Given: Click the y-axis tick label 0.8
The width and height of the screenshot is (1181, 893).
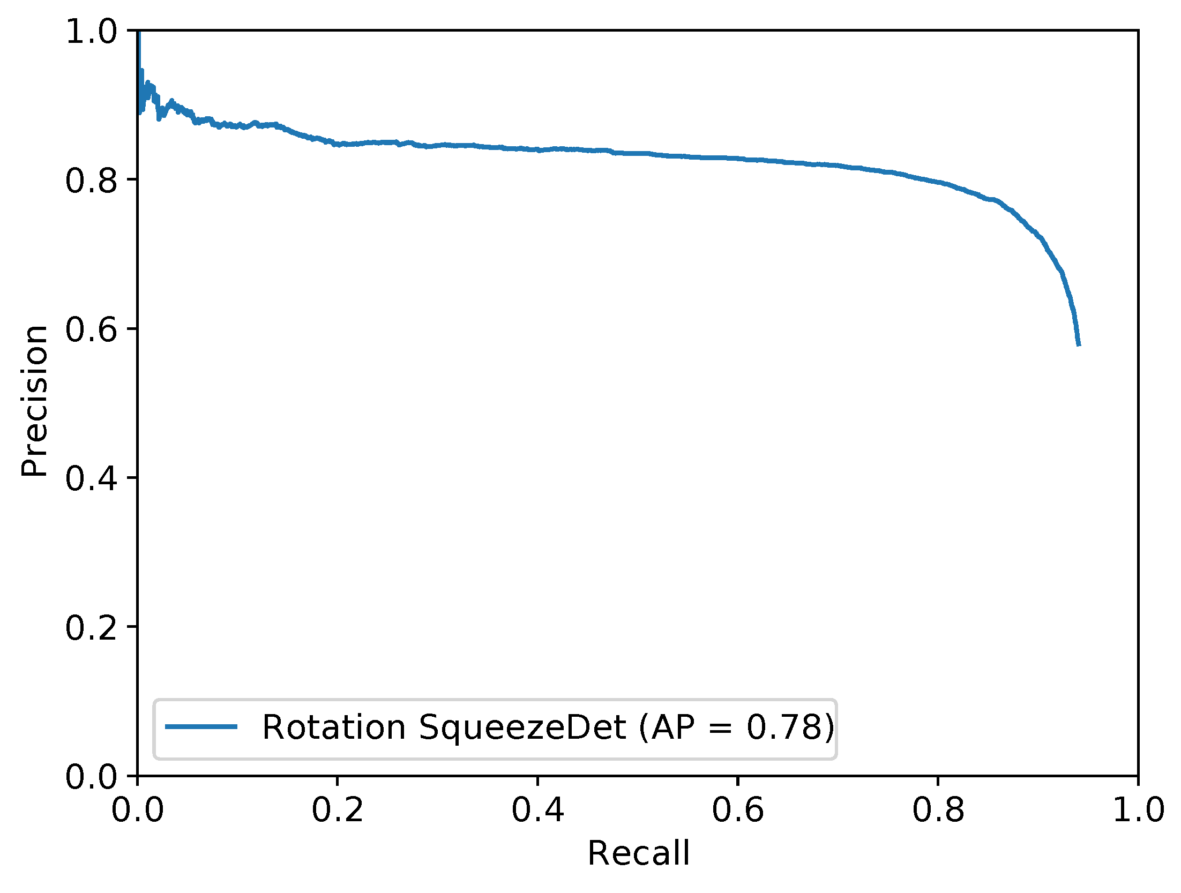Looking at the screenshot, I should click(x=91, y=180).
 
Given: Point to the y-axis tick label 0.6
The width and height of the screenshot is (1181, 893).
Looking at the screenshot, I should click(x=91, y=329).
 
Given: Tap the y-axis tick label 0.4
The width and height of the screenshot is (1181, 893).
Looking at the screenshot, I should click(x=91, y=478).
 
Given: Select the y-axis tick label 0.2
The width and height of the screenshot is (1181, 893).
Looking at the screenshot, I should click(x=91, y=627).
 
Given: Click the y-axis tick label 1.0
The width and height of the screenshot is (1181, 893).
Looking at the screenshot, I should click(x=91, y=31).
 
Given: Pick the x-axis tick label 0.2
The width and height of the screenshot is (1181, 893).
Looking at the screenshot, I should click(x=338, y=809).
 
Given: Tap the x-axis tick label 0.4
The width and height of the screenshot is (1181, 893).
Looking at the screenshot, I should click(x=537, y=809).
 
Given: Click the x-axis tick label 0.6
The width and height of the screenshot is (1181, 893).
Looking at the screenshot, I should click(x=738, y=809).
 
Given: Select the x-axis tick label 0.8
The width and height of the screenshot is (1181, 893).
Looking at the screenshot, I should click(x=938, y=809).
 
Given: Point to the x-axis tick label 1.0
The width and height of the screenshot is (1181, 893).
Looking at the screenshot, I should click(x=1138, y=809).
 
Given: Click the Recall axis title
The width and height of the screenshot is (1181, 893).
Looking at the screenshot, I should click(x=638, y=853).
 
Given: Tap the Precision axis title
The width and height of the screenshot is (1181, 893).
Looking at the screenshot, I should click(x=35, y=401).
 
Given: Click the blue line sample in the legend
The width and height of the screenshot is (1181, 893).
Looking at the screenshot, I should click(x=201, y=727).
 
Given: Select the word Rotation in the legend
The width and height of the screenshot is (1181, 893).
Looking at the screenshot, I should click(x=333, y=727).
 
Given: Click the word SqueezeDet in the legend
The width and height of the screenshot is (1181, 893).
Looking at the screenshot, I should click(x=522, y=727).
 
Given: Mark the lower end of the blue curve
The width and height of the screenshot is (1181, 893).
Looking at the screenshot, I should click(x=1079, y=345).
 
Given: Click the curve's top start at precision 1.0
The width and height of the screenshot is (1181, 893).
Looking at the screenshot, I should click(x=138, y=33).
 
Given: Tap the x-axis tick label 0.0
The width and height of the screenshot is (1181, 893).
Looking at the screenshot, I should click(x=137, y=809).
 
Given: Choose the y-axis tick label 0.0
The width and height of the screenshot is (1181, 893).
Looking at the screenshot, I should click(x=91, y=776).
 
